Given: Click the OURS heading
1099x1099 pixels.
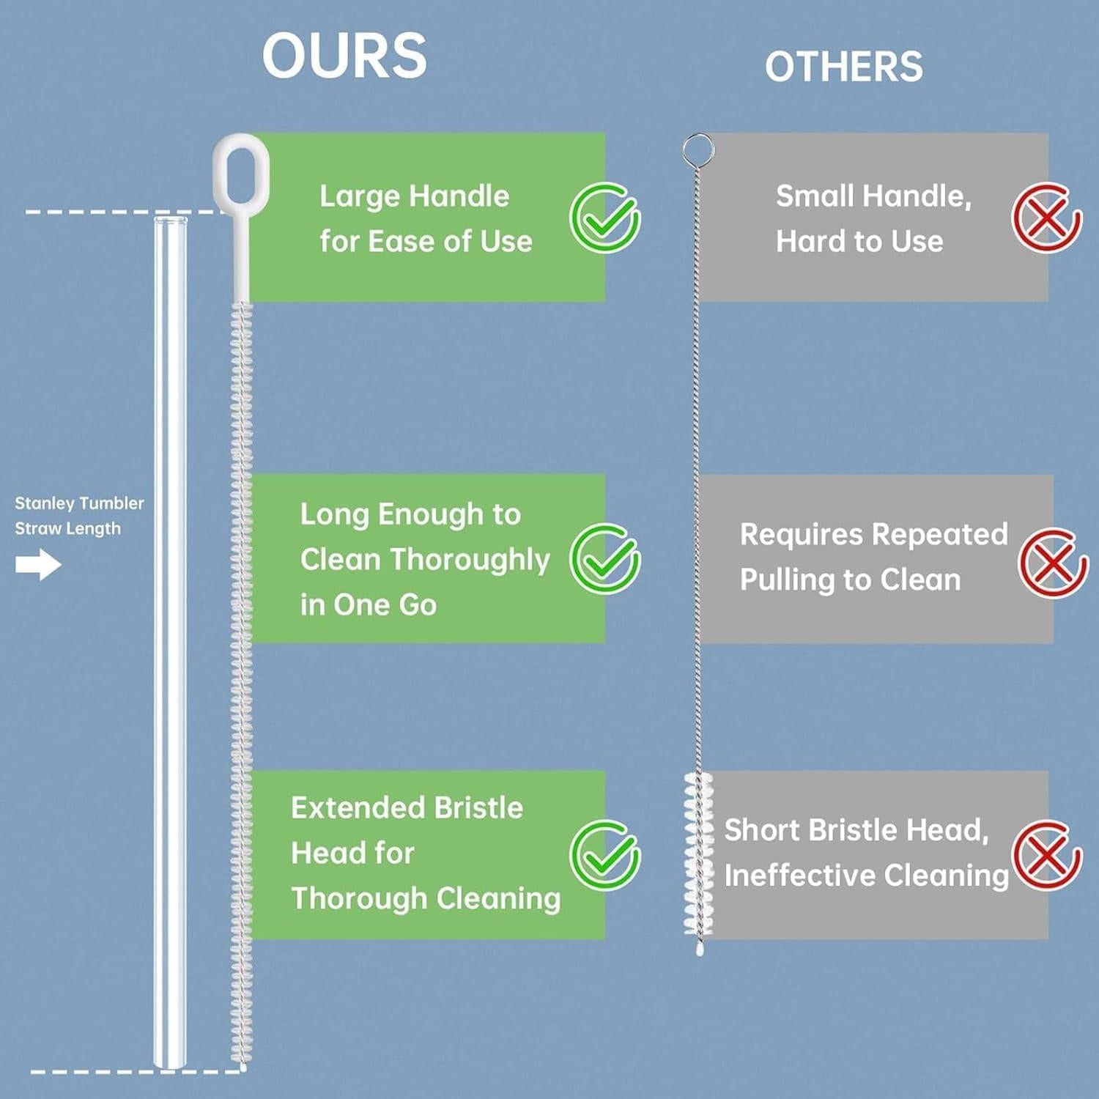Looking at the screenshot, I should click(344, 56).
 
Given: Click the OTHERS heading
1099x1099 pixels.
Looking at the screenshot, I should click(843, 67).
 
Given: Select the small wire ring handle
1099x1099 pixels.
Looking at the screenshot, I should click(697, 149).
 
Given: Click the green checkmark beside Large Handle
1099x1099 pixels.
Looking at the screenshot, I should click(605, 218).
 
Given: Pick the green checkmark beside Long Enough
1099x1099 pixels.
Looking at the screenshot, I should click(605, 559).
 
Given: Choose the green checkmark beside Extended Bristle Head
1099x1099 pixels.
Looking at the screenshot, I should click(605, 855).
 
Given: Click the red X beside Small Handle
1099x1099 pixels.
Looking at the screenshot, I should click(1046, 218).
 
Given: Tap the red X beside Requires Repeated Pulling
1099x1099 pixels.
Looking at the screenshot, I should click(1053, 563).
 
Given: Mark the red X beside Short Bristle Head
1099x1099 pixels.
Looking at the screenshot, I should click(1046, 855).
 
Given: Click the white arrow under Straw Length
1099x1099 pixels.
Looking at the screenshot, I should click(38, 565).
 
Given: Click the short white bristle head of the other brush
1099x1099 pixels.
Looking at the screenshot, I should click(698, 854).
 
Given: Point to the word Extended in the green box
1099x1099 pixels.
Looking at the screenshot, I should click(358, 808).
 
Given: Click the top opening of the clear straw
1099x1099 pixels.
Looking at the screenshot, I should click(170, 220).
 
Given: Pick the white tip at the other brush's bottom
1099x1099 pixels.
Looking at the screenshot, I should click(700, 950).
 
